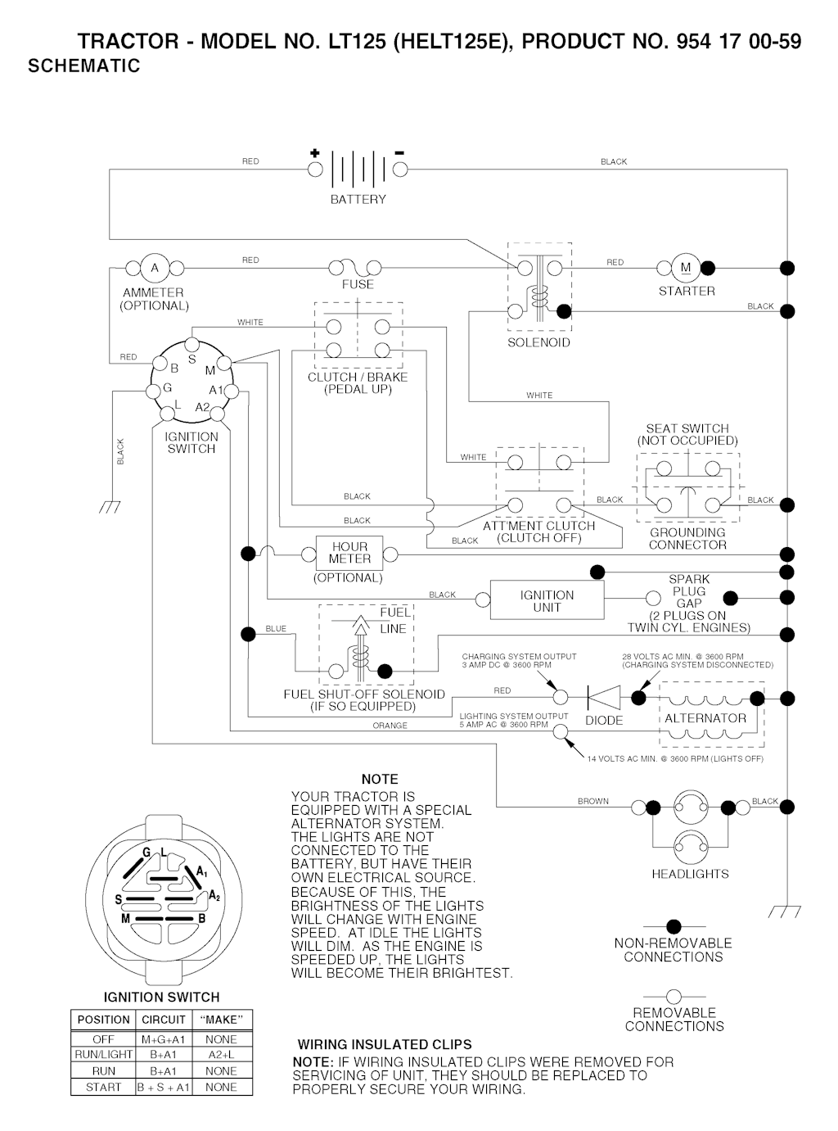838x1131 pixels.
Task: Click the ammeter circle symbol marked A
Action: point(154,268)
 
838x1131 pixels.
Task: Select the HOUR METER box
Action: point(349,553)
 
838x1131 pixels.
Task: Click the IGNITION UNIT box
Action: point(547,601)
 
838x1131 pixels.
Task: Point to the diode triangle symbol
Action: point(602,698)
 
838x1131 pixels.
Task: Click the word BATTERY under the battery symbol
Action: point(358,199)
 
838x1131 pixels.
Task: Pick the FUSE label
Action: point(358,285)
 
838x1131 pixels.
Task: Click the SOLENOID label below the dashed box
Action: point(538,342)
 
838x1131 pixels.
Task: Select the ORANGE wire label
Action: point(390,726)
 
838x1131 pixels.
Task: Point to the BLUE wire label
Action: point(276,629)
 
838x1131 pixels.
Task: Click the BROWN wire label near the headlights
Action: point(593,801)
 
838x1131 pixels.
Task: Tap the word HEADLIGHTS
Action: point(690,874)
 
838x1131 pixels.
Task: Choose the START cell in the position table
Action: point(103,1087)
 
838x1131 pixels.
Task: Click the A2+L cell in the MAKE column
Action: point(221,1054)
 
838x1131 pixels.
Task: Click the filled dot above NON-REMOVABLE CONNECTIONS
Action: point(674,927)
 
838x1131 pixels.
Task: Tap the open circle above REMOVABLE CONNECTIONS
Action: point(674,997)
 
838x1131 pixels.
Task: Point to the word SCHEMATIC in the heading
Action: point(84,66)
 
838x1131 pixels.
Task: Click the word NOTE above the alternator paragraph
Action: point(380,779)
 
